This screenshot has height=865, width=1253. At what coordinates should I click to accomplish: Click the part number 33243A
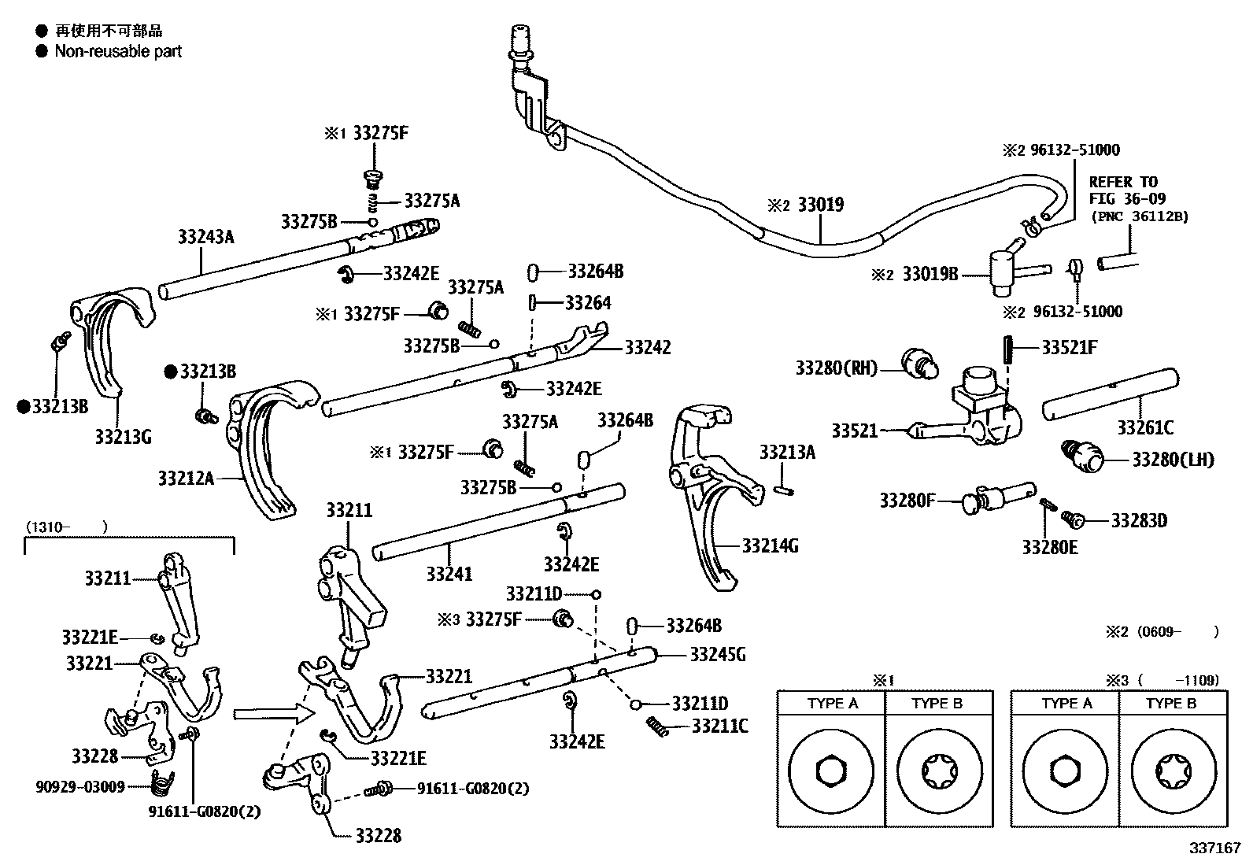[x=206, y=236]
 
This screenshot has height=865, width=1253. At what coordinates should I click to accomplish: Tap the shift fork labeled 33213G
[x=110, y=346]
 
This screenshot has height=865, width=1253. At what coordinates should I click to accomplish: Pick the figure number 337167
[x=1214, y=848]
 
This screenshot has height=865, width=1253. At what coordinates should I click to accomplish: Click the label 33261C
[x=1145, y=427]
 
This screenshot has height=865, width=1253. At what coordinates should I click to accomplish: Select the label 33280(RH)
[x=836, y=368]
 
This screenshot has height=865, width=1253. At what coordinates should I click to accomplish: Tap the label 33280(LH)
[x=1173, y=460]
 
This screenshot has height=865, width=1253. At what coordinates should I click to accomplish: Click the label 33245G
[x=718, y=655]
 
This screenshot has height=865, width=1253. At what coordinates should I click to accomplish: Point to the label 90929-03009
[x=80, y=786]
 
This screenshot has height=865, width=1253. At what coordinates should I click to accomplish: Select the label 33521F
[x=1069, y=347]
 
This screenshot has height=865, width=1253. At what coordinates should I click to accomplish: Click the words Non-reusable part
[x=118, y=51]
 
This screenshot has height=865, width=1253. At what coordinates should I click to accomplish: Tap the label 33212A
[x=186, y=478]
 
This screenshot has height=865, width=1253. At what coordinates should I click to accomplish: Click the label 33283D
[x=1139, y=520]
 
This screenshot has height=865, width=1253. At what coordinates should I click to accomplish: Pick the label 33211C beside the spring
[x=720, y=725]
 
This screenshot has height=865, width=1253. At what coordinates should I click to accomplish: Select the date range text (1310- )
[x=66, y=527]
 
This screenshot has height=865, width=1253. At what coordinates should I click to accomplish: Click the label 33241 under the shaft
[x=449, y=574]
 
